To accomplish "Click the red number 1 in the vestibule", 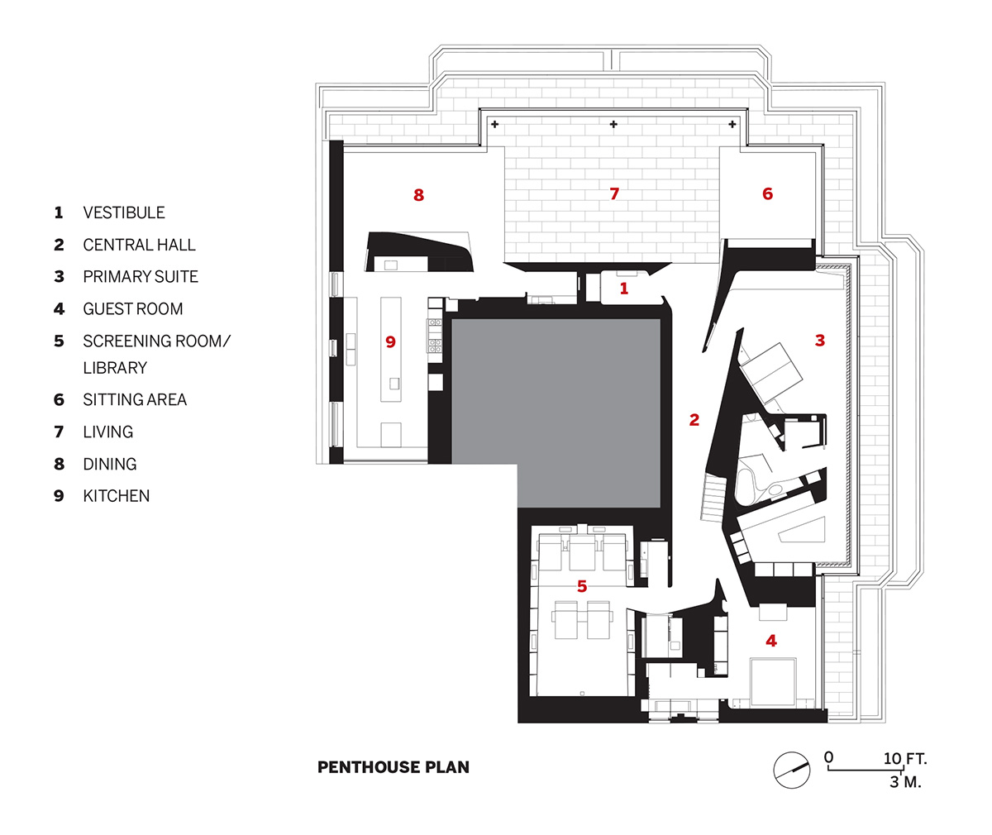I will tap(624, 289).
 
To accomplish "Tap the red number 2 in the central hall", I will tap(694, 420).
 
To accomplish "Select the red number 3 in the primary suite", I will tap(819, 340).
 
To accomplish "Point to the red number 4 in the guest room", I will tap(771, 641).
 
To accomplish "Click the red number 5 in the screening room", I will tap(582, 586).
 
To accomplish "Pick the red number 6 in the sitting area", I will tap(767, 194).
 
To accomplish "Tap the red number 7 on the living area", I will tap(613, 194).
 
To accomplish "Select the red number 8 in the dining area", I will tap(418, 195).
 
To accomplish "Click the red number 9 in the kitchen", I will tap(391, 341).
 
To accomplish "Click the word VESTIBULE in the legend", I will tap(124, 212).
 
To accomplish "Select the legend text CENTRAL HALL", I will tap(139, 245).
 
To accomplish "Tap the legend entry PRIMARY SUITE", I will tap(141, 277).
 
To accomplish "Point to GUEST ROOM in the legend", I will tap(133, 309).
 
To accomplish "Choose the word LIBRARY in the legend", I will tap(115, 368).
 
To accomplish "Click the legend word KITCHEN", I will tap(117, 496).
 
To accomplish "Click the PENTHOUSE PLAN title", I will tap(393, 767).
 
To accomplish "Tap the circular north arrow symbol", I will tap(790, 769).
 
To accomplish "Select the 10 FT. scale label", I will tap(905, 758).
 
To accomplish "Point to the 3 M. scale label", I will tap(905, 781).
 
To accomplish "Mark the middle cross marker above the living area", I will tap(613, 125).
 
